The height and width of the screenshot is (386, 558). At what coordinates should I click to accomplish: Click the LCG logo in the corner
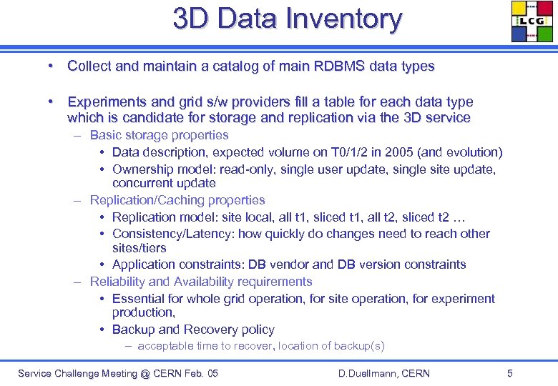(x=532, y=21)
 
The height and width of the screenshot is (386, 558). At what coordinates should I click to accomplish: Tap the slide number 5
(x=509, y=373)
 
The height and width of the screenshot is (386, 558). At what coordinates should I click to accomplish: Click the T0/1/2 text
(x=337, y=152)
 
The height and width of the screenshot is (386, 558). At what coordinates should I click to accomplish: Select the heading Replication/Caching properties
(x=177, y=201)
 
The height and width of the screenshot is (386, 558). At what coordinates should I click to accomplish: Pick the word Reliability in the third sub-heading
(x=117, y=282)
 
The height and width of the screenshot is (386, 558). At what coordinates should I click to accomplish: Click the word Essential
(x=139, y=299)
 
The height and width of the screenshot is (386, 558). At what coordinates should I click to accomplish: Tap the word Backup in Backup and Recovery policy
(x=134, y=330)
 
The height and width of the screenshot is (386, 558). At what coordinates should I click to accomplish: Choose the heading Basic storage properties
(x=159, y=135)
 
